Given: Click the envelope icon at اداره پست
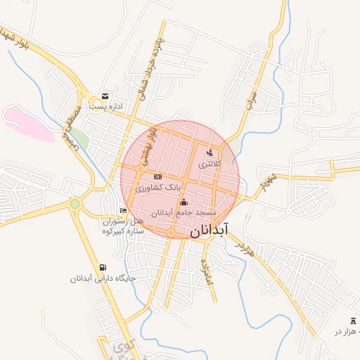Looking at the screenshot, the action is click(x=105, y=96).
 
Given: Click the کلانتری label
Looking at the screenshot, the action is click(x=210, y=163).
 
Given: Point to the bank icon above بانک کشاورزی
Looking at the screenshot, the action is click(x=157, y=176).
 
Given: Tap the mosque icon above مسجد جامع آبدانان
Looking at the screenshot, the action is click(x=184, y=202).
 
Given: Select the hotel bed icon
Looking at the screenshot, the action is click(x=124, y=210).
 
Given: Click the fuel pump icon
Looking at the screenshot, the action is click(x=104, y=266).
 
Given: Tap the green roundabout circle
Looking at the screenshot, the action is click(x=75, y=204).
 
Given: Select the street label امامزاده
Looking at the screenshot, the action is click(x=207, y=271).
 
